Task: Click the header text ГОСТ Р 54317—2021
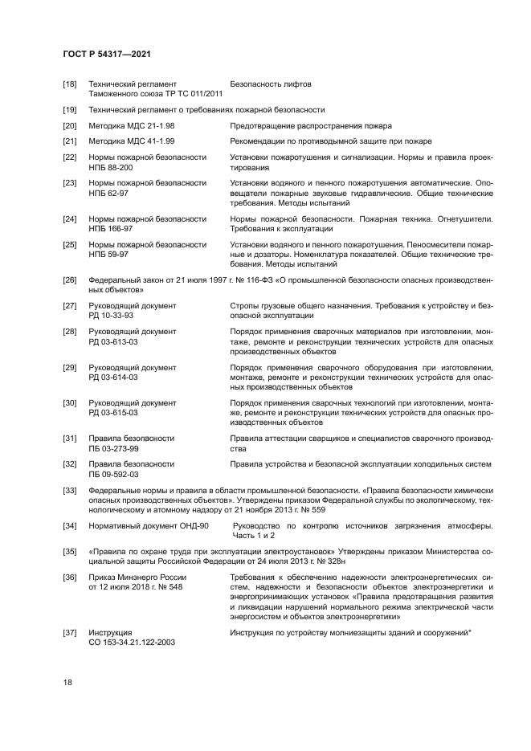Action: (107, 54)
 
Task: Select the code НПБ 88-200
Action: (111, 167)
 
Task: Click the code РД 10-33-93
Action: (111, 316)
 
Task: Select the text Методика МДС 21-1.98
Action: (132, 125)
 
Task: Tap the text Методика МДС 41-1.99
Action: (132, 141)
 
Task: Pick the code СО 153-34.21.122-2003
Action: (132, 643)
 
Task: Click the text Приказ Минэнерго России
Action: (137, 577)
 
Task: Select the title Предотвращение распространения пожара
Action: (310, 125)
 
